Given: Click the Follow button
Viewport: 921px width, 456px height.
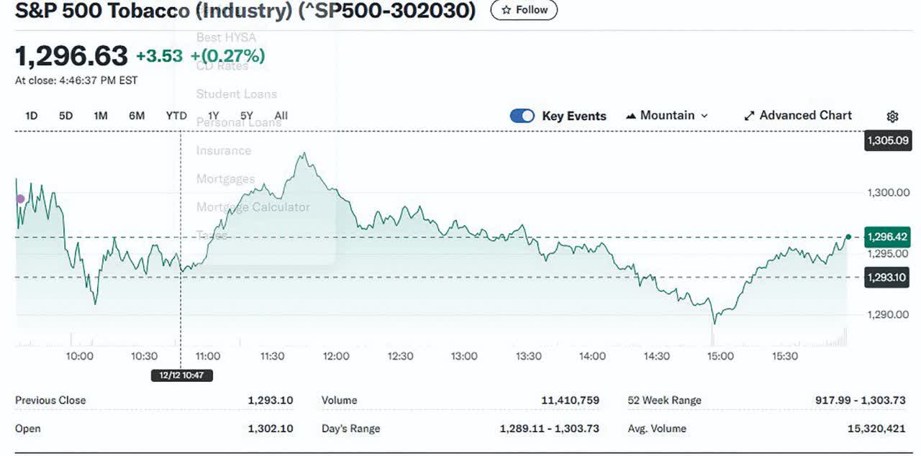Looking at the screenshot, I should tap(524, 10).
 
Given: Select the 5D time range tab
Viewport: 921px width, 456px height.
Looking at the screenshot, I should tap(65, 116).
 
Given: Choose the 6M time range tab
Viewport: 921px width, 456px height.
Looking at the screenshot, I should tap(137, 116).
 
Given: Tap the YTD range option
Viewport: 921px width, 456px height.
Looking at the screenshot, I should tap(176, 116).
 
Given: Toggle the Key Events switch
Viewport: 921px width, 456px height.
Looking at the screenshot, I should tap(522, 116).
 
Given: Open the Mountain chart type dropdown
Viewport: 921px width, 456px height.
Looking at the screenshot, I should tap(667, 116).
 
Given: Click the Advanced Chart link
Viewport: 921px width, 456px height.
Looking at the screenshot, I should tap(797, 116).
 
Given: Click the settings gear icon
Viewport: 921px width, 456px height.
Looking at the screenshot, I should tap(892, 117).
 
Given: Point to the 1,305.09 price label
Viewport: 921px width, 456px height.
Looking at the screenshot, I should tap(887, 140).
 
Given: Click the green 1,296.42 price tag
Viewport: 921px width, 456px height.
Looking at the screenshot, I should tap(887, 237).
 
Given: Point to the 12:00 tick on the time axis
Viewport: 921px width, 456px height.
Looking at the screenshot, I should tap(336, 356).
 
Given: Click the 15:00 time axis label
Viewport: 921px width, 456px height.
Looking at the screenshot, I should tap(720, 356).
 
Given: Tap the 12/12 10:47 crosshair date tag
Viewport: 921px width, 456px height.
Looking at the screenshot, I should tap(181, 375).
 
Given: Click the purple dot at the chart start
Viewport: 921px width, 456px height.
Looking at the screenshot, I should tap(20, 199).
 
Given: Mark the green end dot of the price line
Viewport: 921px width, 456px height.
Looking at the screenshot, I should tap(848, 237).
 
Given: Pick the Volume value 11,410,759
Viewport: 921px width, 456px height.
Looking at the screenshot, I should tap(570, 401).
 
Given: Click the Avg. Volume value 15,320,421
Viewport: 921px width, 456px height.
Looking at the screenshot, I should tap(876, 429).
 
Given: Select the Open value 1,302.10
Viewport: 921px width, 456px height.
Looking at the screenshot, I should tap(270, 429).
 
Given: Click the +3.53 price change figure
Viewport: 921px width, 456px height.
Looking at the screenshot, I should tap(159, 56).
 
